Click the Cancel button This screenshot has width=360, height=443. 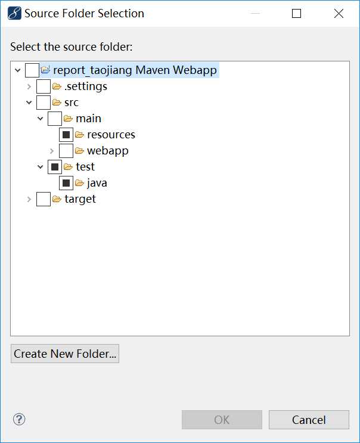point(309,420)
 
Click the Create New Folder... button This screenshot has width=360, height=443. point(65,354)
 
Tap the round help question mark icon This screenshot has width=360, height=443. point(19,420)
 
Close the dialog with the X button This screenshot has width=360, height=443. point(339,13)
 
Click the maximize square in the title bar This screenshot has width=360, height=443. point(296,13)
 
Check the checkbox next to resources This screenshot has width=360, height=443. point(66,135)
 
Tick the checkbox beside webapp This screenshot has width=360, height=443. point(66,151)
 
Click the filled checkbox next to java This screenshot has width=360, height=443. point(66,183)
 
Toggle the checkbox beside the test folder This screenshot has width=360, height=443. point(55,167)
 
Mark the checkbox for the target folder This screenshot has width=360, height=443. point(44,199)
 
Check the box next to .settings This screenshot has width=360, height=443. point(44,86)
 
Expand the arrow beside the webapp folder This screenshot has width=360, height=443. point(52,151)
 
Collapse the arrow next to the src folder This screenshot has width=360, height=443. point(29,103)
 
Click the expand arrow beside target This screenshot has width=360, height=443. point(29,199)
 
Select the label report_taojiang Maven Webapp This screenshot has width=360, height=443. point(135,70)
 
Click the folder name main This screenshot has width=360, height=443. point(88,119)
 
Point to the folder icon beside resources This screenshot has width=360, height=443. point(80,135)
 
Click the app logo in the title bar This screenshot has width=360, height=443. point(14,13)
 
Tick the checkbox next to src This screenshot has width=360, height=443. point(44,103)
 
